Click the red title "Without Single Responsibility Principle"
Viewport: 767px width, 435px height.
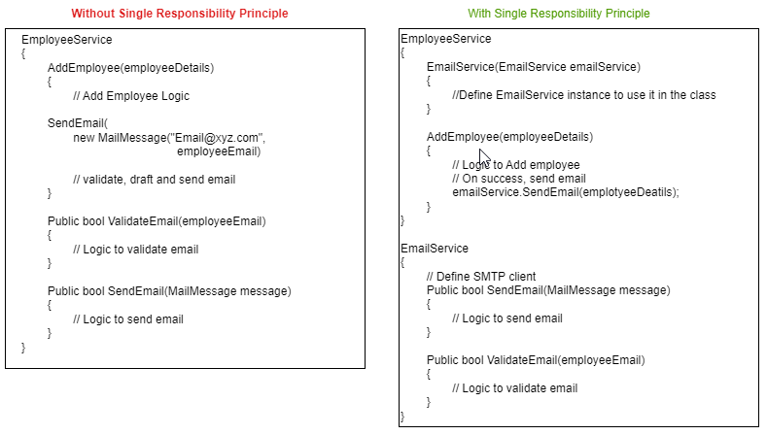[180, 14]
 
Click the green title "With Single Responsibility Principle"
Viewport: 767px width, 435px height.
[559, 14]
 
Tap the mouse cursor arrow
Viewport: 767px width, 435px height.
[484, 158]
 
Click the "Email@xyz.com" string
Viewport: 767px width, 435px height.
[217, 138]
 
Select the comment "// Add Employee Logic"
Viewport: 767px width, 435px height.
[131, 96]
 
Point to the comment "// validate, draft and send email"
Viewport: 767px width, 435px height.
[155, 180]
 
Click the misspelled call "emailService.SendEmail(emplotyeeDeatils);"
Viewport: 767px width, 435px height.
[566, 192]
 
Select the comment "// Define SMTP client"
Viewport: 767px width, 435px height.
[481, 276]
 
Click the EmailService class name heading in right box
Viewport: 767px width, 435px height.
[435, 249]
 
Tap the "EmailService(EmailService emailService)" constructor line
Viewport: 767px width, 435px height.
[534, 67]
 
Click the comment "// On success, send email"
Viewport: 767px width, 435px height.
[519, 179]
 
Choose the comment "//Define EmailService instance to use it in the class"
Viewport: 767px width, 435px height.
[584, 95]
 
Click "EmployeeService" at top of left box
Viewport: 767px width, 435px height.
[66, 40]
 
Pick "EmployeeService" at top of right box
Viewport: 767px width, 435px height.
[446, 39]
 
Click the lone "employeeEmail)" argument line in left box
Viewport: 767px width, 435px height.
[219, 151]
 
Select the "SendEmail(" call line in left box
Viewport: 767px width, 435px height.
[78, 123]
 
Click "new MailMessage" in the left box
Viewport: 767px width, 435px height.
[120, 138]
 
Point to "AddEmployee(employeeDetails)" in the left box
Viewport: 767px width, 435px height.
[130, 67]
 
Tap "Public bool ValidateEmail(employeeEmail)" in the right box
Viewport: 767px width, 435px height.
[536, 360]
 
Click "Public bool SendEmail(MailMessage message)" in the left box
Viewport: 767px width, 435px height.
[169, 291]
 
